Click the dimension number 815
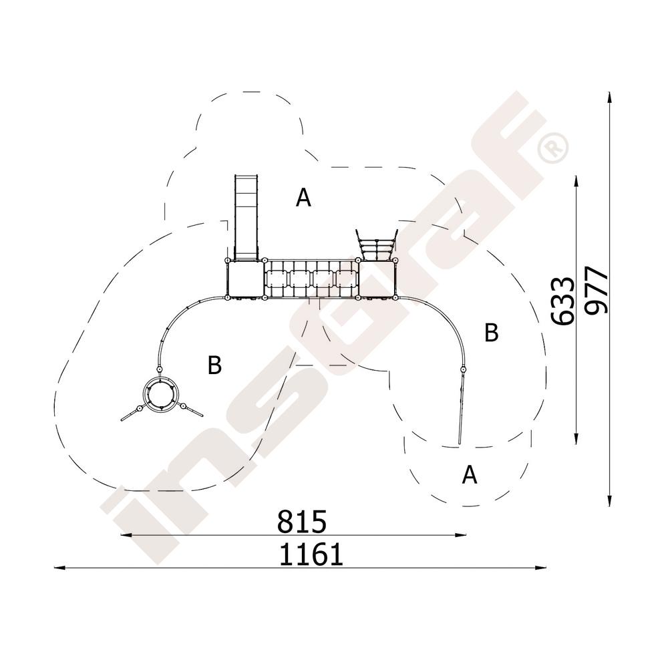tap(302, 522)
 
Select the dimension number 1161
tap(311, 554)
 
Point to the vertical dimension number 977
tap(596, 291)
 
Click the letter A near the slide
tap(303, 198)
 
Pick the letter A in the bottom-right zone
tap(470, 474)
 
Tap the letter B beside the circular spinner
tap(214, 365)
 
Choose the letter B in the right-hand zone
tap(492, 332)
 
